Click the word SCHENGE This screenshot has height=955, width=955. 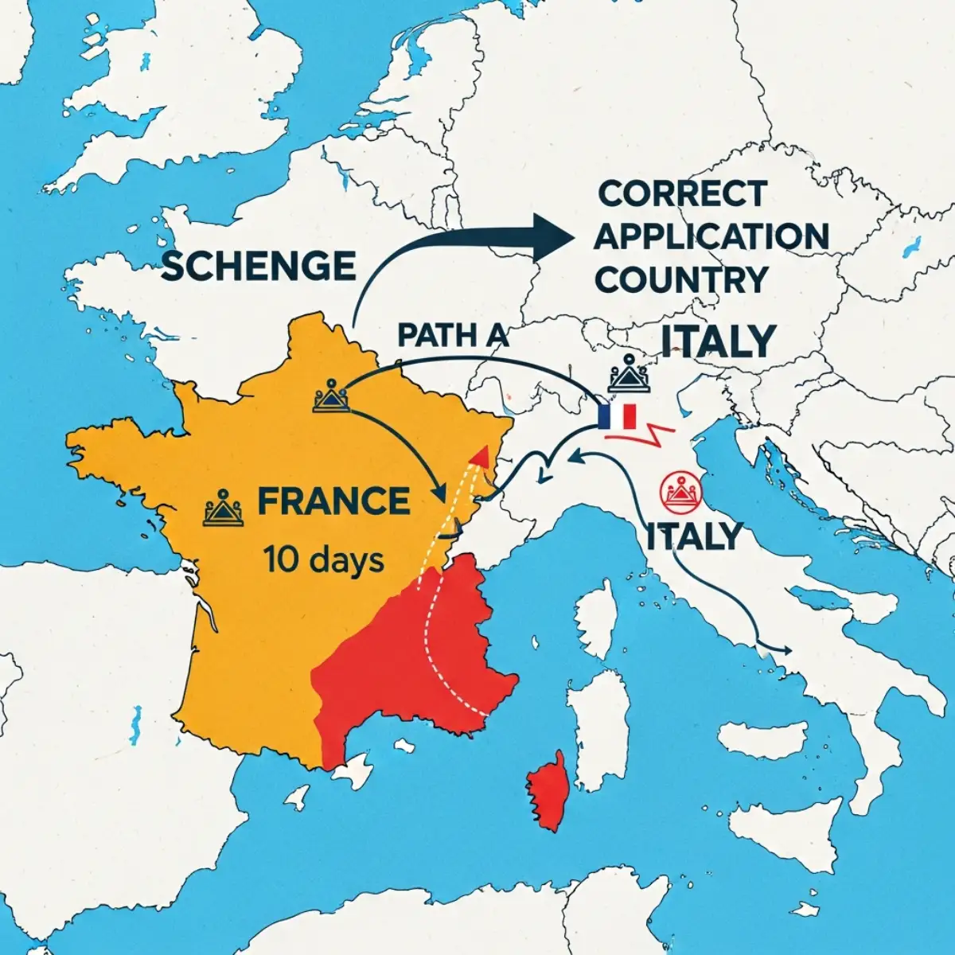coord(259,264)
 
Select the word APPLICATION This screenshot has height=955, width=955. coord(711,236)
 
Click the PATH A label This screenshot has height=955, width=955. coord(452,335)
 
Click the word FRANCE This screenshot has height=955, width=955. coord(333,502)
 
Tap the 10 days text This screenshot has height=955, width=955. coord(323,560)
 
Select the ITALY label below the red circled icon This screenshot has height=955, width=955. coord(693,536)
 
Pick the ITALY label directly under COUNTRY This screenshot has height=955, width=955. coord(718,341)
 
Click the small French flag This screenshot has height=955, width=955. coord(618,416)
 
